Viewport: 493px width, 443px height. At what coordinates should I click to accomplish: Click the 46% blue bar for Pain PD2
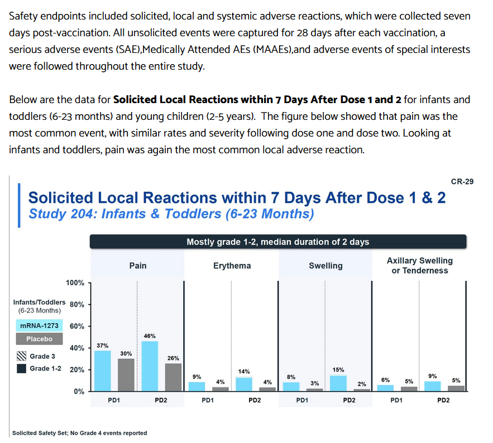150,366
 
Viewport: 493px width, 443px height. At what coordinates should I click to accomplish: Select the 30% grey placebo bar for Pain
126,375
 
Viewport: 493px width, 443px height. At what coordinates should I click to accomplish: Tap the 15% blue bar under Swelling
338,383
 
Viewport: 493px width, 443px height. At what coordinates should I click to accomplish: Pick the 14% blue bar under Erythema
244,384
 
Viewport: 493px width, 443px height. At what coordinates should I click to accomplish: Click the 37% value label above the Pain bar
103,345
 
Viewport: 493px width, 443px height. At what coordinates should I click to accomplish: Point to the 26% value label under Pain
173,358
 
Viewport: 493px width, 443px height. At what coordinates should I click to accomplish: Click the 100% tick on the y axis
75,283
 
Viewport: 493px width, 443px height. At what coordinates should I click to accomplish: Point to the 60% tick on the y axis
77,327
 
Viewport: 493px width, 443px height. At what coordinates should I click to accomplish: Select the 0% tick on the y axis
79,392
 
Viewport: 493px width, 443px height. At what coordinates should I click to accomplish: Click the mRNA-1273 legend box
39,325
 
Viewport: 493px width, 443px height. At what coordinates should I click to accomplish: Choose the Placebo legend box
39,339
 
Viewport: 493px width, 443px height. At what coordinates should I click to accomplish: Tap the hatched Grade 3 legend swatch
21,356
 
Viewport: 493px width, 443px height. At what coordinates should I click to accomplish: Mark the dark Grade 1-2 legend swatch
21,369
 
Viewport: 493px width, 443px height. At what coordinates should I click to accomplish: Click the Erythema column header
232,266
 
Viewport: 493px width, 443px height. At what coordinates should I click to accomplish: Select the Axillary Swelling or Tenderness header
420,265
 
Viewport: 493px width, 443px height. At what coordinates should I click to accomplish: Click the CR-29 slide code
462,182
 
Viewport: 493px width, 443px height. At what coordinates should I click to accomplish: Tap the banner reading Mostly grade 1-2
278,242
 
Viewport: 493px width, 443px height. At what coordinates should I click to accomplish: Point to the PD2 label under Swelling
349,400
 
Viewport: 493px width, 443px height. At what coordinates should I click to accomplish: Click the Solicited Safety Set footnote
79,433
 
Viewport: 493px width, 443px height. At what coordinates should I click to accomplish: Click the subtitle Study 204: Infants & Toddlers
171,214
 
